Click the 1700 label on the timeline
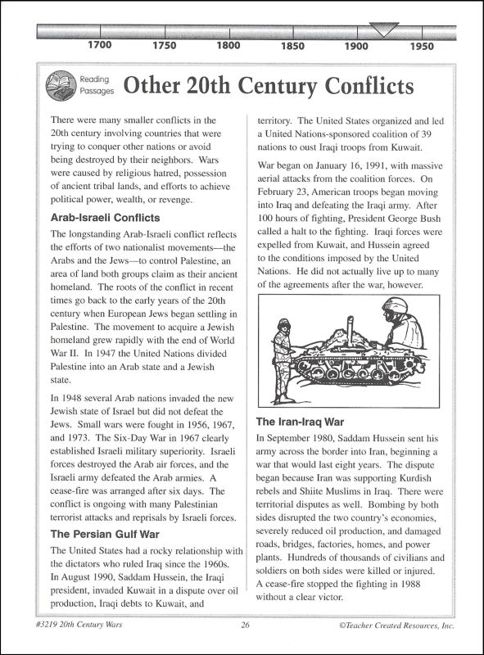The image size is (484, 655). click(99, 46)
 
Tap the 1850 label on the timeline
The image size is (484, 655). click(292, 46)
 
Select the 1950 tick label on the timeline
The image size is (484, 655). click(422, 46)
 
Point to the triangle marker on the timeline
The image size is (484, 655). click(379, 31)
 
